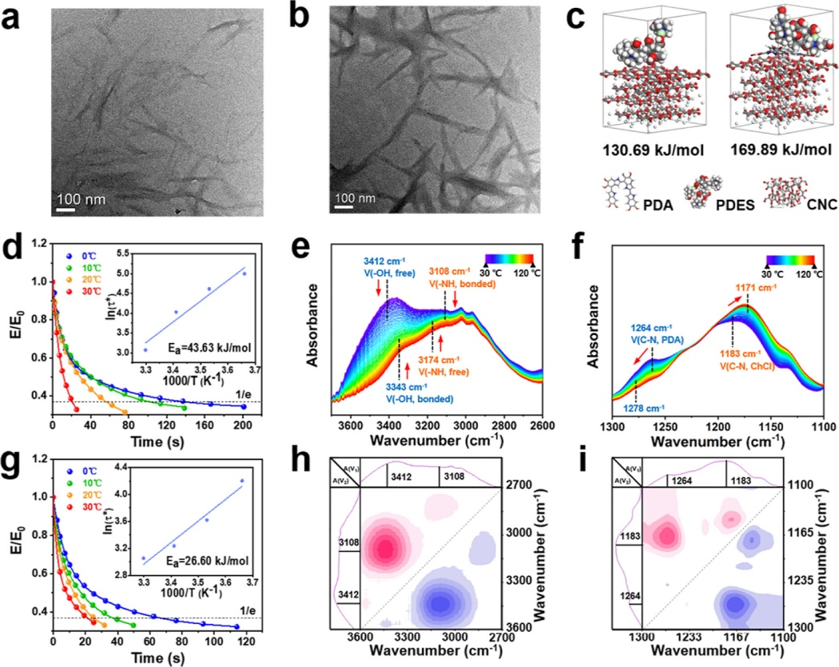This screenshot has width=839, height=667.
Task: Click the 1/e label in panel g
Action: click(x=250, y=608)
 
